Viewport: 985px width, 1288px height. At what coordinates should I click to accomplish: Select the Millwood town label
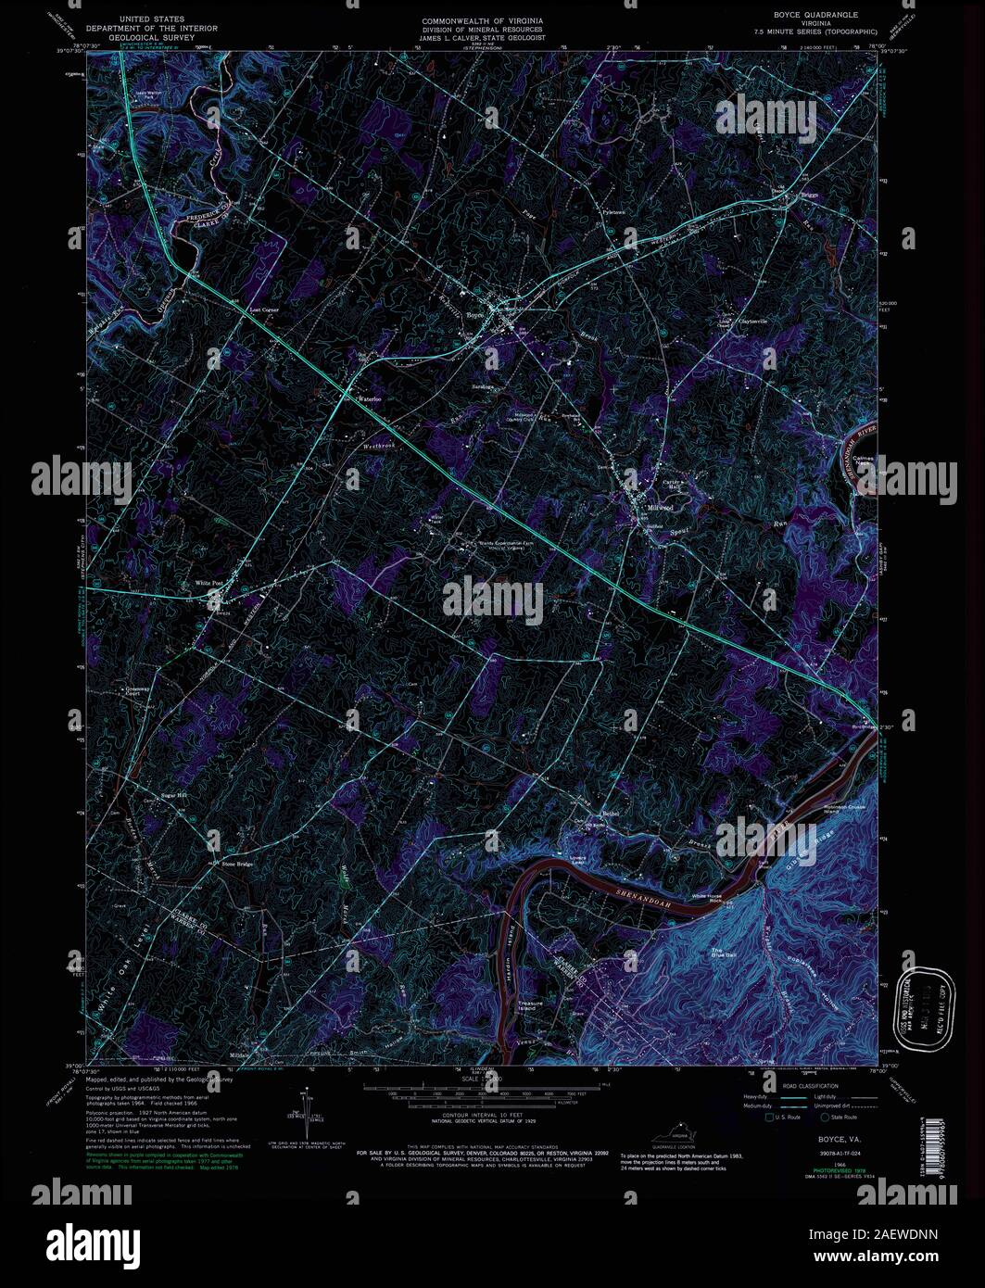[659, 509]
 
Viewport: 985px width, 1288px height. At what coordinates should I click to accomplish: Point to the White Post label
[209, 583]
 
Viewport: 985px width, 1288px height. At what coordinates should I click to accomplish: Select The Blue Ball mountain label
[723, 953]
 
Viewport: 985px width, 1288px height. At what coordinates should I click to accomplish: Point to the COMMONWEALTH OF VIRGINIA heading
[483, 20]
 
